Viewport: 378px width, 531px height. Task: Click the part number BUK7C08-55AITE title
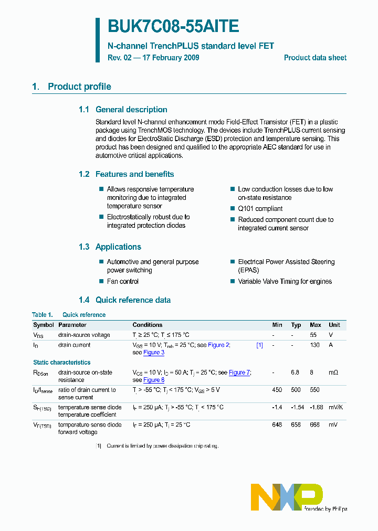[x=173, y=27]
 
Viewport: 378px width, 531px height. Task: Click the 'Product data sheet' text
[x=315, y=58]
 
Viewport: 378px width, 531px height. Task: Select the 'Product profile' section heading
[x=79, y=87]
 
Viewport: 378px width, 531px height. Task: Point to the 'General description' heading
[x=131, y=110]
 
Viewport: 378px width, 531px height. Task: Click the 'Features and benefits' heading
[x=134, y=174]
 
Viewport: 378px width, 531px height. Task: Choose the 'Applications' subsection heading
[x=118, y=247]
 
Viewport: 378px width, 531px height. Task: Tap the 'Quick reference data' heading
[x=133, y=300]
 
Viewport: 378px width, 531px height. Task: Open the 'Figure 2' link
[x=219, y=345]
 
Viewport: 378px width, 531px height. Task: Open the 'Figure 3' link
[x=154, y=353]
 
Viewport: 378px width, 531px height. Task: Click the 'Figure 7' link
[x=239, y=373]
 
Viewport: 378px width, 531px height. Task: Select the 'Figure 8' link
[x=154, y=380]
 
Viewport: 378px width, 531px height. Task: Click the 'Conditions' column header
[x=148, y=325]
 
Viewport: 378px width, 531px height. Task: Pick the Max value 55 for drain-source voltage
[x=313, y=335]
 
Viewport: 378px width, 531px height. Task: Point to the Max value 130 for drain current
[x=315, y=345]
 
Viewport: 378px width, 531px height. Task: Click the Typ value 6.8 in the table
[x=295, y=373]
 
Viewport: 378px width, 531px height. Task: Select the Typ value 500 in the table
[x=296, y=390]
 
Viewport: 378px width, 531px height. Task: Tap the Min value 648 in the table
[x=277, y=424]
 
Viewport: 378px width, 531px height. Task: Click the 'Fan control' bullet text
[x=123, y=282]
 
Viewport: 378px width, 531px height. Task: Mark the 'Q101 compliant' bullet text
[x=260, y=209]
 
